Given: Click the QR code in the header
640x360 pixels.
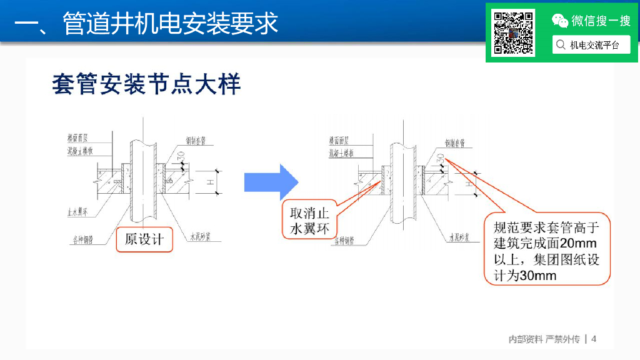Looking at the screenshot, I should tap(512, 32).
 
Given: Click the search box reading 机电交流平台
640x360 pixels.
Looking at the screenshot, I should tap(591, 45).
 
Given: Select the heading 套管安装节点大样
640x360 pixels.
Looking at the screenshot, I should tap(146, 84).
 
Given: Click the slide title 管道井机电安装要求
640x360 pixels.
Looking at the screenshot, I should tap(170, 24).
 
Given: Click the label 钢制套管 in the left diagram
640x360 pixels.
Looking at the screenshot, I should tap(197, 141).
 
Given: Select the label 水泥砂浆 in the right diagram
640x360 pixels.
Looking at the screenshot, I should tap(459, 237).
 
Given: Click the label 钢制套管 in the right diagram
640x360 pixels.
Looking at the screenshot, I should tap(457, 142).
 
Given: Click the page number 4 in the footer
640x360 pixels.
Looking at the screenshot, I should tap(594, 339).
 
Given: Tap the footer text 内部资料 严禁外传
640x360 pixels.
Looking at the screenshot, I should tap(543, 339).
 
